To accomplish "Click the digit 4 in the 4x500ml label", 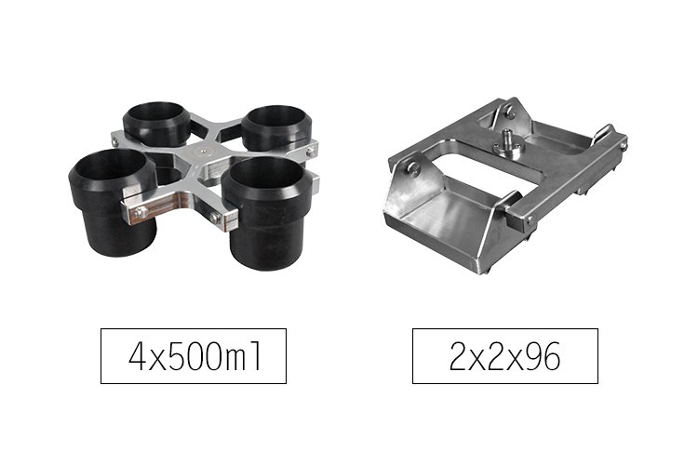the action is (x=137, y=357).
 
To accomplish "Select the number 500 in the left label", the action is (x=195, y=357).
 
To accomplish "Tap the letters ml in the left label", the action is (x=244, y=357).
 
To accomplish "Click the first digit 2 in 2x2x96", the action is (x=458, y=357).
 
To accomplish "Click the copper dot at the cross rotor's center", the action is (x=203, y=151).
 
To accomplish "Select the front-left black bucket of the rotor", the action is (x=113, y=202).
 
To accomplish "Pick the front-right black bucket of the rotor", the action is (x=266, y=213).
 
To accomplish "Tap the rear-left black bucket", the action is (x=156, y=124).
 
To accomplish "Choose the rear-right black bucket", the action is (x=276, y=127).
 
